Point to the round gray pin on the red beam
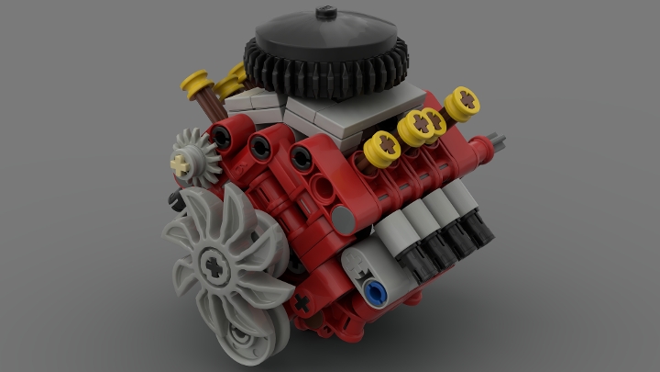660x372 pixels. [x=343, y=218]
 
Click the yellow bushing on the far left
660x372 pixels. [x=196, y=86]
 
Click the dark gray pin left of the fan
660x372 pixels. [x=172, y=197]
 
